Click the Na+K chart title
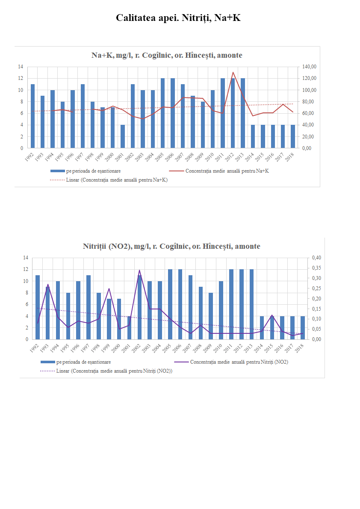(167, 55)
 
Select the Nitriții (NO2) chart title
(171, 246)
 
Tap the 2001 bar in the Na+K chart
(123, 136)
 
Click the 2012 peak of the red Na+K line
(233, 72)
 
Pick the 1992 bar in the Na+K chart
(33, 116)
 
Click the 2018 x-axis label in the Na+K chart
(291, 157)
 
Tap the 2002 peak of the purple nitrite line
(139, 270)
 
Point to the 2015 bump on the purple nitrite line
(272, 315)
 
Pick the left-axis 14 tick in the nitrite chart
(26, 258)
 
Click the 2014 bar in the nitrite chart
(262, 327)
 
